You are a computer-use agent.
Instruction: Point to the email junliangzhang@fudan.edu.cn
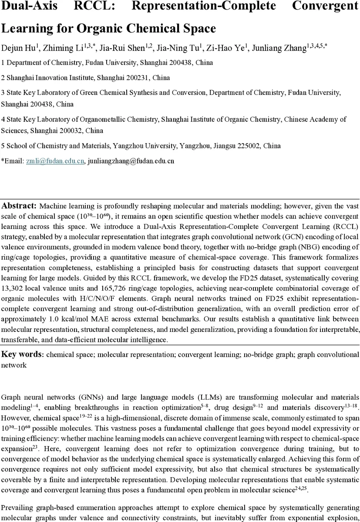(131, 161)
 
